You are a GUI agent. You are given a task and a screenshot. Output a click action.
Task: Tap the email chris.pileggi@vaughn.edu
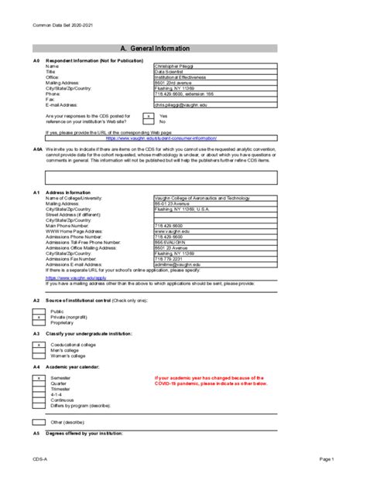(x=180, y=104)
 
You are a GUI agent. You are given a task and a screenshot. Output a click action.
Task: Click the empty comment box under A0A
(x=153, y=177)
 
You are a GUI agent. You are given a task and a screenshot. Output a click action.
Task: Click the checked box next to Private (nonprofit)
(x=39, y=317)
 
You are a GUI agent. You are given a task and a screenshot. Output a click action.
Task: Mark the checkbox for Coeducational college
(x=39, y=344)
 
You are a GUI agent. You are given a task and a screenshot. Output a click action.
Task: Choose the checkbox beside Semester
(x=39, y=377)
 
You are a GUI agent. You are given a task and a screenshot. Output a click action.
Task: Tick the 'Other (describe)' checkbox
(x=39, y=422)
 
